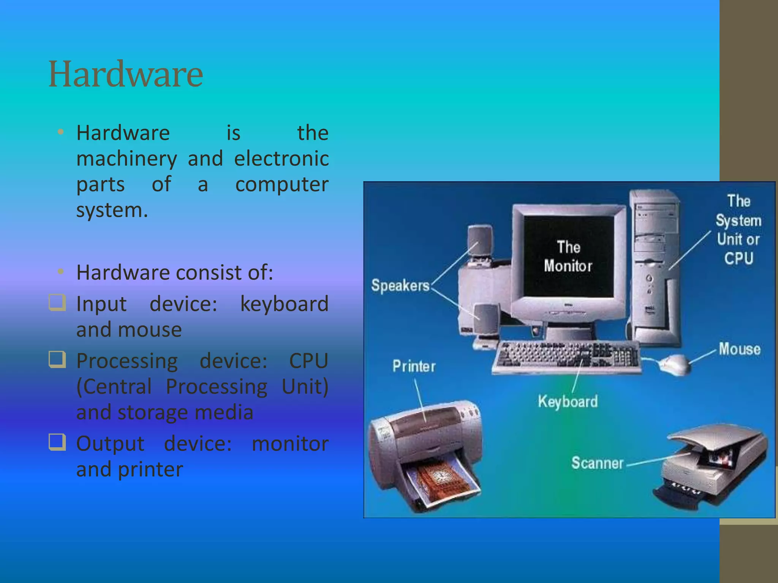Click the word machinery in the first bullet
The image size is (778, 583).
(x=127, y=159)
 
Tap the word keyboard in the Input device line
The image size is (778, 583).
(x=284, y=304)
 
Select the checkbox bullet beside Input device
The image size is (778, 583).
(x=57, y=303)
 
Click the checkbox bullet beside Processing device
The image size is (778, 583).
(x=57, y=359)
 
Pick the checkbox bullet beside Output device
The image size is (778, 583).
(x=57, y=442)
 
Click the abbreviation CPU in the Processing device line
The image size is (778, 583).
(x=308, y=361)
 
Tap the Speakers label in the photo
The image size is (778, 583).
(x=400, y=285)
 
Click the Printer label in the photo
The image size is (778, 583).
(x=414, y=366)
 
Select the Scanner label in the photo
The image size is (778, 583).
(x=597, y=463)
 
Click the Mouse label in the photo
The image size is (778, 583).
(x=739, y=349)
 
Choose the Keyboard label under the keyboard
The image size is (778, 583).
(x=568, y=402)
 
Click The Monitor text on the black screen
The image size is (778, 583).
(x=568, y=257)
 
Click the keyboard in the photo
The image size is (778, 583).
(x=566, y=357)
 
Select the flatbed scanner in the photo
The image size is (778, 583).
(x=710, y=467)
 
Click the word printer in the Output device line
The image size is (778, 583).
(x=150, y=470)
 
